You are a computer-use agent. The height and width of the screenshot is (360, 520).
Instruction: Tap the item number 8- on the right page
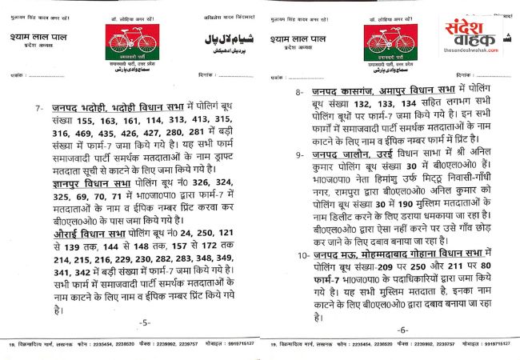click(x=299, y=92)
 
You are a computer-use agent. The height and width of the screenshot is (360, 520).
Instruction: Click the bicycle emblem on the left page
click(x=134, y=42)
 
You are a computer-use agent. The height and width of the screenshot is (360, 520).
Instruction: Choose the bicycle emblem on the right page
click(x=393, y=42)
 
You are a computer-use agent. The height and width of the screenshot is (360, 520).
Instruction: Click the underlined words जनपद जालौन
click(x=347, y=154)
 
